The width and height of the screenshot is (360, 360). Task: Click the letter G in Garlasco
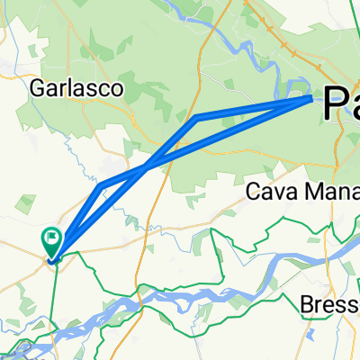37,87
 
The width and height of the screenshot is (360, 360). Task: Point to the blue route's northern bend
195,117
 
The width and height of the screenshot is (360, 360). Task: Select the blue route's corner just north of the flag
102,185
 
